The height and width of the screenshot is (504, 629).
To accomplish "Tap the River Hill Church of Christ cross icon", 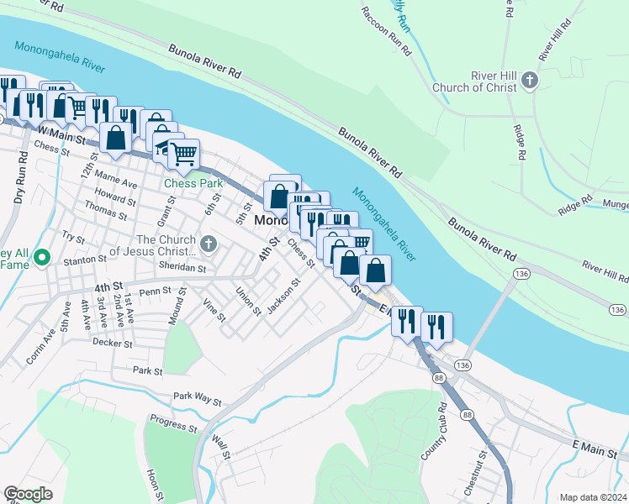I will [529, 80].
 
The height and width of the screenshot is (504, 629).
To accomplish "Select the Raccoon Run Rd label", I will [386, 31].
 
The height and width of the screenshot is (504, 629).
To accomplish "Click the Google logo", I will [28, 494].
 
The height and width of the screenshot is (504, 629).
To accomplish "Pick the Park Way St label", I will [197, 396].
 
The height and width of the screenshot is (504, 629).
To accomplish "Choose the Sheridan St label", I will [182, 268].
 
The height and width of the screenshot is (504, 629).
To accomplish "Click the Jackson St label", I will [283, 296].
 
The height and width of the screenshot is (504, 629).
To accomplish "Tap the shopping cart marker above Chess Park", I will [183, 154].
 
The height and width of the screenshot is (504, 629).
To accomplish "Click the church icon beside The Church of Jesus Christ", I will [209, 245].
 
